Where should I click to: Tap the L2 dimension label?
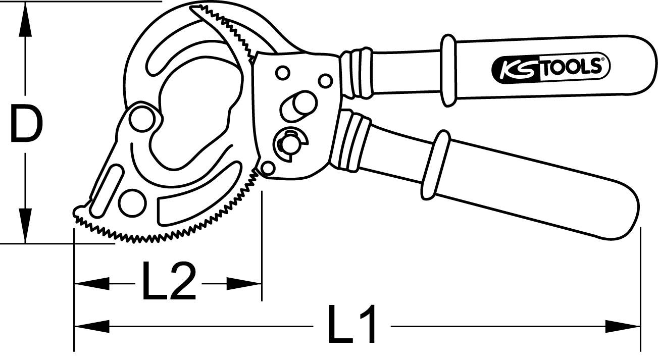coord(169,282)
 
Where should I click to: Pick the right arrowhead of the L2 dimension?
coord(244,283)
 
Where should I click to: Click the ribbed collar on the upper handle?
coord(358,72)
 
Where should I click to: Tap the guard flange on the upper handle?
coord(448,70)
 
